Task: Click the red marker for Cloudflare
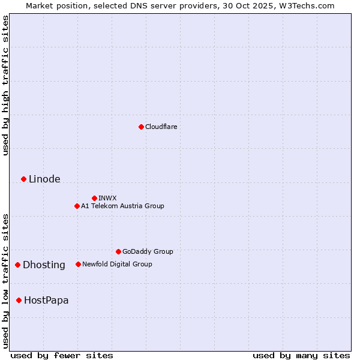pos(141,127)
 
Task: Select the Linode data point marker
pos(23,179)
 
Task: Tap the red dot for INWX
pos(94,198)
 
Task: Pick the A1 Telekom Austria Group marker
pos(77,206)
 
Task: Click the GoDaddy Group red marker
pos(118,251)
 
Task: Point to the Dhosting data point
pos(17,265)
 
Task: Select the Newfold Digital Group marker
pos(78,264)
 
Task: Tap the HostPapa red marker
pos(19,300)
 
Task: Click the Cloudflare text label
pos(161,127)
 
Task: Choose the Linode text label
pos(44,179)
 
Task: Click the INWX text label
pos(107,198)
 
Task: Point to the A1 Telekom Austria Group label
pos(122,206)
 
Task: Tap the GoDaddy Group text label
pos(148,251)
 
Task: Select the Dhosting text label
pos(44,265)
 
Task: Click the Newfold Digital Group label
pos(117,264)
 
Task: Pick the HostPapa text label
pos(46,301)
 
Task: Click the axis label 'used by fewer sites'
pos(62,355)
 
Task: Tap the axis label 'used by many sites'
pos(301,355)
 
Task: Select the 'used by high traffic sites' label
pos(6,85)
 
